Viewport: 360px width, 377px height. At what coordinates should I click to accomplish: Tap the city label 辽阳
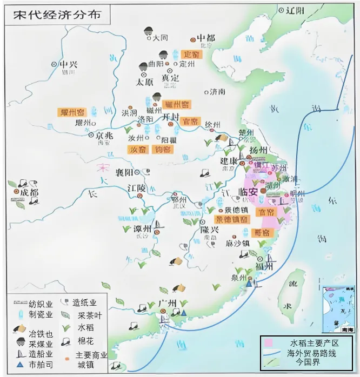pyautogui.click(x=295, y=10)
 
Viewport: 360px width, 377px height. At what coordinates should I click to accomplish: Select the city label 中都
pyautogui.click(x=205, y=38)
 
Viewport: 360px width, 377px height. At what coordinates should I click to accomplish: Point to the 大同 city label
pyautogui.click(x=161, y=38)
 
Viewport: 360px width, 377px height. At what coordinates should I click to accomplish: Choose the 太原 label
pyautogui.click(x=145, y=83)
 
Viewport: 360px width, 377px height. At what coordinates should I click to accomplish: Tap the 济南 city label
pyautogui.click(x=217, y=91)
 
